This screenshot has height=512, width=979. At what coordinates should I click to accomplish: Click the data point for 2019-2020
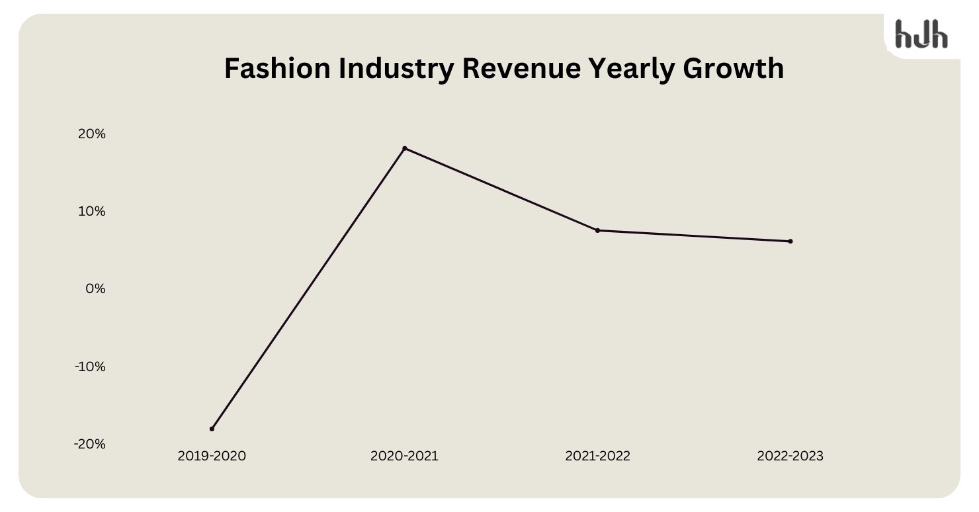coord(212,429)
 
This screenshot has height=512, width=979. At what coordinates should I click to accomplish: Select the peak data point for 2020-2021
coord(405,148)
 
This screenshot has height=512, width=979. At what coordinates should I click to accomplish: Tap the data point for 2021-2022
coord(597,230)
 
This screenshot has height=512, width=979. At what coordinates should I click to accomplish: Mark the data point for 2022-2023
coord(790,241)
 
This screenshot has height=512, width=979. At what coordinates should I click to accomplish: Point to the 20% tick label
coord(92,134)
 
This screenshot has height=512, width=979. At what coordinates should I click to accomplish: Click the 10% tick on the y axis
coord(92,211)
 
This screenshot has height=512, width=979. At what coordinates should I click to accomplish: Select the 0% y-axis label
coord(95,288)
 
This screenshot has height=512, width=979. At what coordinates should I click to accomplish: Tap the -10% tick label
coord(90,366)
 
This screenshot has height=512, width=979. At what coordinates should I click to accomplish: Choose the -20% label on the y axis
coord(90,443)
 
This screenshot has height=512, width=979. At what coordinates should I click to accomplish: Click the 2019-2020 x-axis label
coord(212,456)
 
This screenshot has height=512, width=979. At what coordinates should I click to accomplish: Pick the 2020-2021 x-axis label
coord(404,456)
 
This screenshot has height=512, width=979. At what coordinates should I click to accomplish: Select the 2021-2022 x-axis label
coord(597,456)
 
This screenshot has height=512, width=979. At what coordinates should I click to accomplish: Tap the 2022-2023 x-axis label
coord(790,456)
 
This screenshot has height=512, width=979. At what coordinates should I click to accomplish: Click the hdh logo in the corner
coord(921,34)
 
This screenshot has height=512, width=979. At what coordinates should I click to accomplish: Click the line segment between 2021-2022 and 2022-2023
coord(694,236)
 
